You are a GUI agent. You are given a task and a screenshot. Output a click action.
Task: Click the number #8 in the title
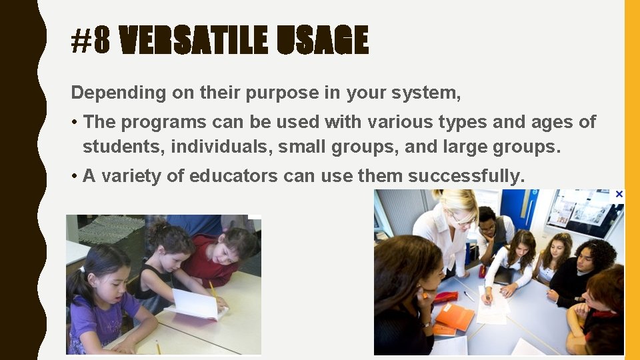click(90, 41)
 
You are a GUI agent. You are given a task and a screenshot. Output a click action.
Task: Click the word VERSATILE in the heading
click(193, 41)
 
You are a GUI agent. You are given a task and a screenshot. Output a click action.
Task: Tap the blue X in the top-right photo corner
click(619, 194)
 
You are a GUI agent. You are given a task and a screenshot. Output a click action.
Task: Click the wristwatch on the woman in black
click(426, 325)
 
